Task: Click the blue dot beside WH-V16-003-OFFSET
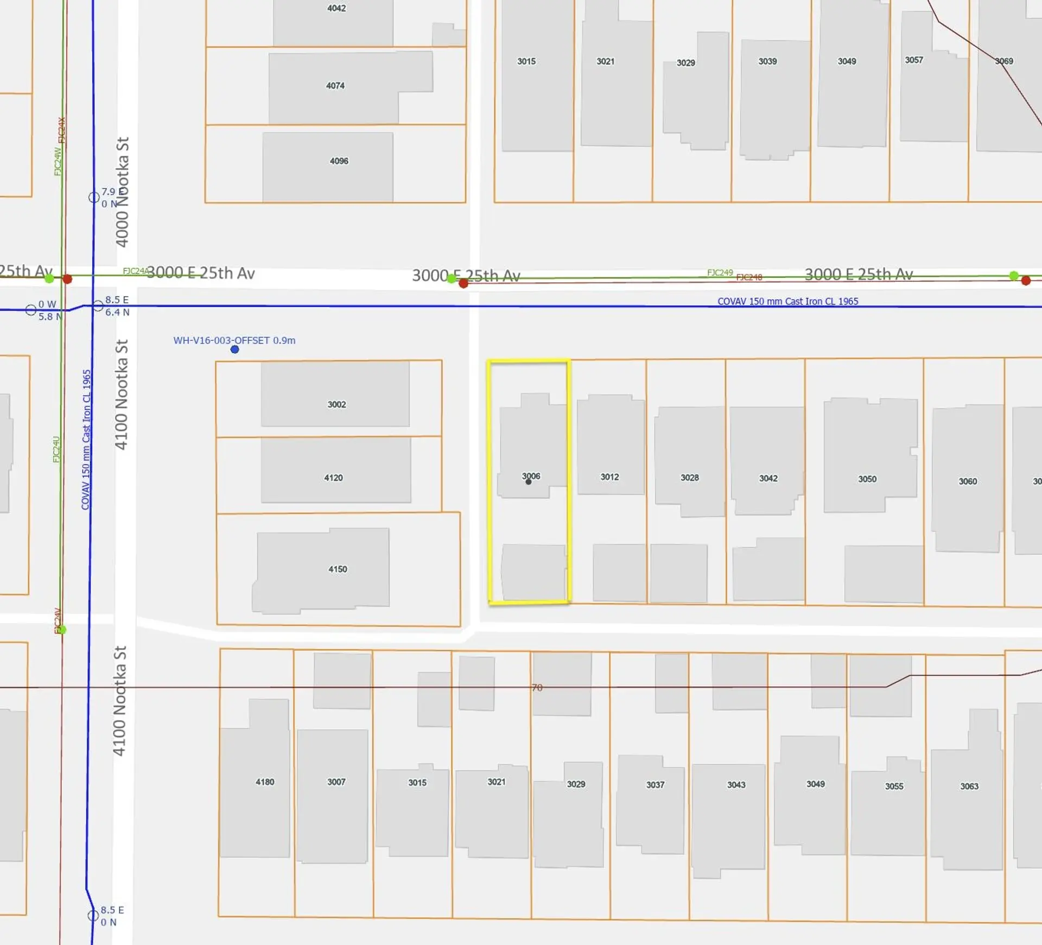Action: (234, 350)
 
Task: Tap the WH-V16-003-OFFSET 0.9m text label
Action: (234, 340)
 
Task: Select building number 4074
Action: (335, 86)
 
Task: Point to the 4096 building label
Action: (339, 161)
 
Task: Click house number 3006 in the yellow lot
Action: (531, 476)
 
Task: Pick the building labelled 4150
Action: (338, 569)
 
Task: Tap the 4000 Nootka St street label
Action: (123, 192)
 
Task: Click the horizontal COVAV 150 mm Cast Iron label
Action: (787, 301)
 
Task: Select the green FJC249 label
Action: (720, 272)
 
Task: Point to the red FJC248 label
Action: (749, 277)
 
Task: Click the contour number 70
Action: (537, 688)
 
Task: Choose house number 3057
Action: (914, 60)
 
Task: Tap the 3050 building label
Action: (867, 479)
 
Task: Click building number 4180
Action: (265, 782)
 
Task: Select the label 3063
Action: (969, 786)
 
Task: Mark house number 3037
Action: (655, 784)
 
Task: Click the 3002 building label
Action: (336, 404)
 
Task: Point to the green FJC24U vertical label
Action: (56, 449)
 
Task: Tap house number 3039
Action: (767, 61)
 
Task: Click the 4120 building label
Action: (333, 478)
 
